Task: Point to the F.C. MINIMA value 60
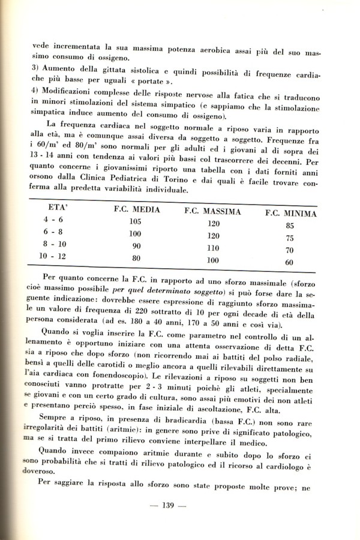(x=289, y=262)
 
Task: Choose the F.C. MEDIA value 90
(x=136, y=246)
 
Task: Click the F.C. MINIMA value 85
(x=289, y=226)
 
